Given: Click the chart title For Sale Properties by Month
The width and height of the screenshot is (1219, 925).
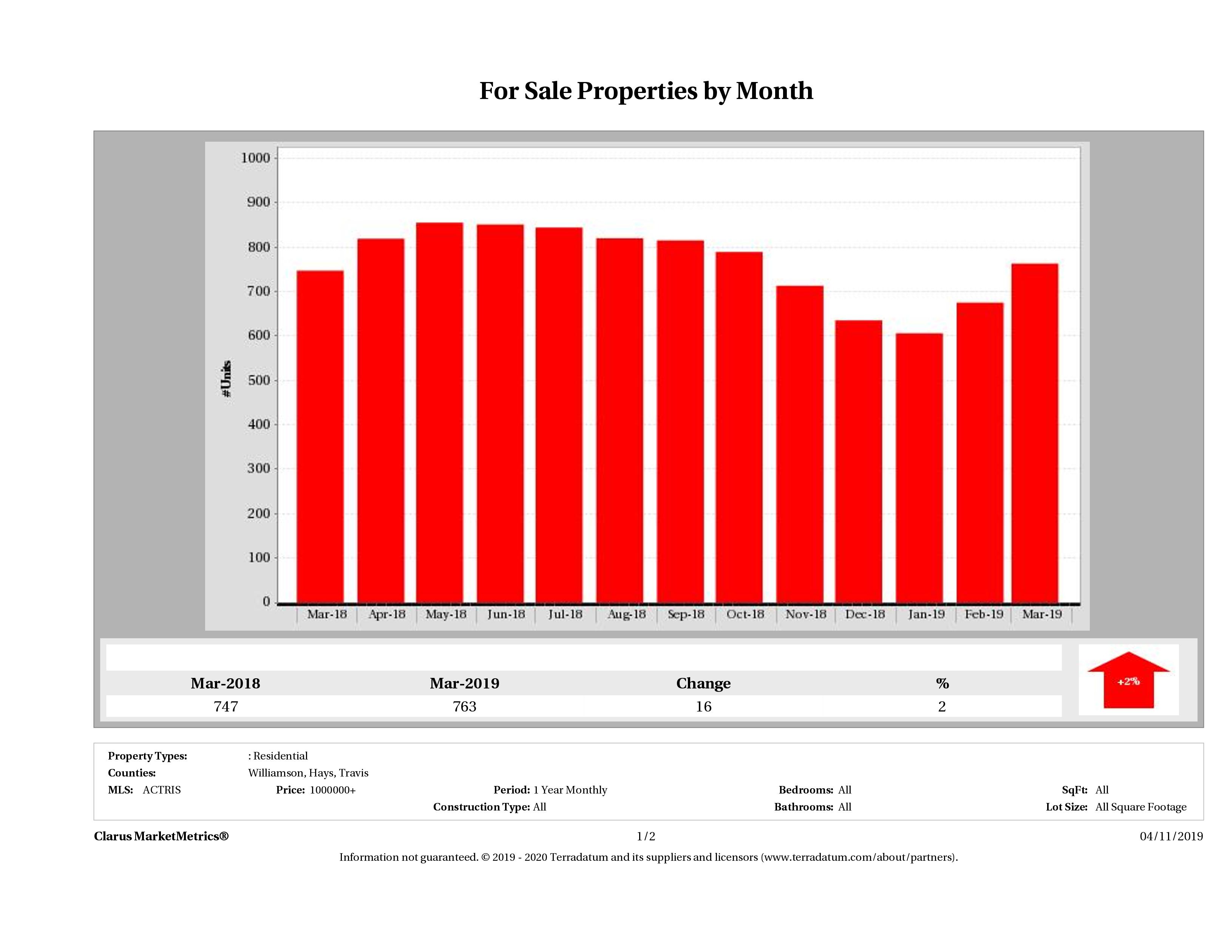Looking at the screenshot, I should [x=646, y=91].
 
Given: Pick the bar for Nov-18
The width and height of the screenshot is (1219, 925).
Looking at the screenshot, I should [x=800, y=444].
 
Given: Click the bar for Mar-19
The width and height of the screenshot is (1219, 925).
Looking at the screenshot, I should [x=1035, y=433].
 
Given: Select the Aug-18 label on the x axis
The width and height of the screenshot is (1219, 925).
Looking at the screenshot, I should [x=626, y=614].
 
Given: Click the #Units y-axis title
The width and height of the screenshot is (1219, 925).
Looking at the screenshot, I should [x=227, y=379].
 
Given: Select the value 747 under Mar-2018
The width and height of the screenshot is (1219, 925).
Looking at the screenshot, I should [x=226, y=706].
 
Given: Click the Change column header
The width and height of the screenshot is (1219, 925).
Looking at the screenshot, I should [x=703, y=684].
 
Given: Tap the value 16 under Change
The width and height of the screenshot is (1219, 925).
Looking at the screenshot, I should [x=703, y=706].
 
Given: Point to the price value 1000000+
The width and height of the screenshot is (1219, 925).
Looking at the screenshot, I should [x=332, y=790].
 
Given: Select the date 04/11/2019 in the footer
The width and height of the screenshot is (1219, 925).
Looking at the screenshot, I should [x=1171, y=836].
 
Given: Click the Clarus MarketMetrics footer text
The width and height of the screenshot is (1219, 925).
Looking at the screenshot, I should [x=161, y=836].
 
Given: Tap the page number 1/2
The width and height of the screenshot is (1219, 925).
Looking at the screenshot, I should [x=646, y=836].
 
